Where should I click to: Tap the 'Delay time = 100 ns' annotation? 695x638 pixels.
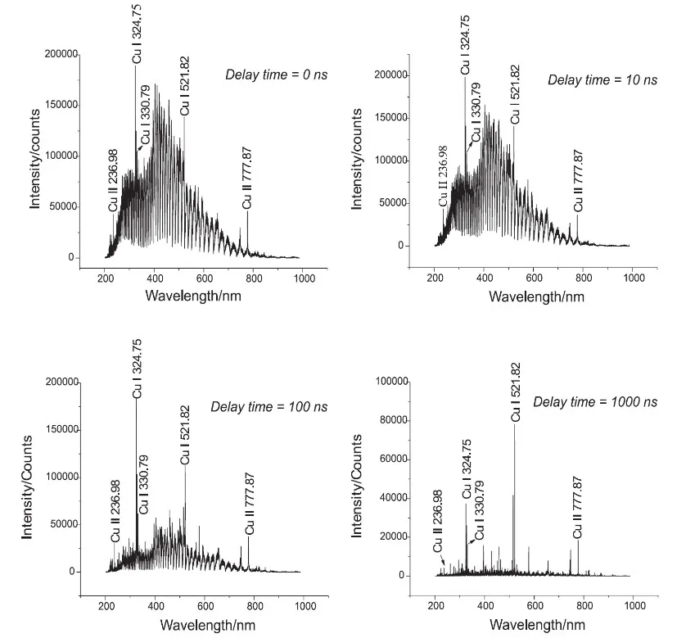click(x=269, y=406)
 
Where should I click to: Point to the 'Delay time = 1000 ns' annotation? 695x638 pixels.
click(x=595, y=402)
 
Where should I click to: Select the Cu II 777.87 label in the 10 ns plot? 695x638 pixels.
click(x=579, y=179)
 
